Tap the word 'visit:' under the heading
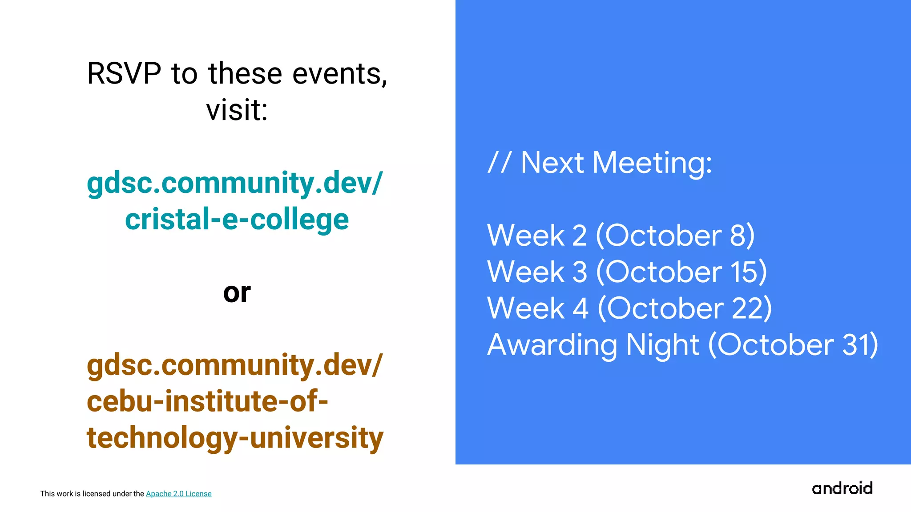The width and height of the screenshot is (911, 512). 237,110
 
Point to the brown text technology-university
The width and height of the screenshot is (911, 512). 235,438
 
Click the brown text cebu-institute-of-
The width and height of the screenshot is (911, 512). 207,401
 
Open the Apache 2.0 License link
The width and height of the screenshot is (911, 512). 178,494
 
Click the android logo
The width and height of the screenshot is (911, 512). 842,488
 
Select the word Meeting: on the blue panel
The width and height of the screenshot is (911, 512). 652,163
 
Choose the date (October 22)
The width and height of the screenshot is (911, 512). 685,308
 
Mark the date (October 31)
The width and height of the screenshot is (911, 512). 793,344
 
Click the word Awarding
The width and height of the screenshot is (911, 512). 552,345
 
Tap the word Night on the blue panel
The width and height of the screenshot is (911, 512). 662,345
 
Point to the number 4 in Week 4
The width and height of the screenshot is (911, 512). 580,308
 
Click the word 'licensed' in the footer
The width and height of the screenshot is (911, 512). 97,494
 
